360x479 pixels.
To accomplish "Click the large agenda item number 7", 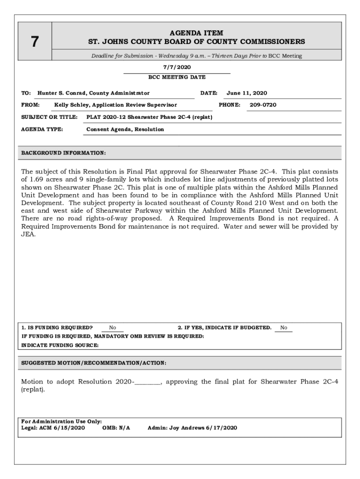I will coord(34,42).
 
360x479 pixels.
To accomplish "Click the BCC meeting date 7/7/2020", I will coord(177,67).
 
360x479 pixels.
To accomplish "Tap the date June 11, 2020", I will coord(247,93).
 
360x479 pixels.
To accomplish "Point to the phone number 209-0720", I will coord(263,105).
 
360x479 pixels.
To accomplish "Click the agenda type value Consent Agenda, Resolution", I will coord(125,129).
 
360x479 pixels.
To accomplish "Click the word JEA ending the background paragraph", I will coord(29,234).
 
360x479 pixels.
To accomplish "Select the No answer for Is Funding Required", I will coord(113,327).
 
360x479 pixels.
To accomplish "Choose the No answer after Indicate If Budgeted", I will coord(284,327).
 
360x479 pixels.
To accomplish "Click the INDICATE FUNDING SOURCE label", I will coord(60,345).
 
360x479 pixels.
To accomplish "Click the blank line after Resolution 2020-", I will coord(148,382).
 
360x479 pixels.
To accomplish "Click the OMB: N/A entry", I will coord(116,428).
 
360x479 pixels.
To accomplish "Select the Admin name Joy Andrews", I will coord(186,428).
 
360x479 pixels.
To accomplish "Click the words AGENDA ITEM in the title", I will coord(196,33).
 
